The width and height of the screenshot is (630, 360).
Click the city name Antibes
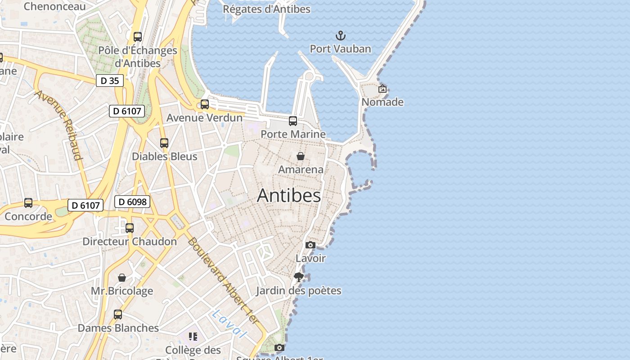click(x=289, y=195)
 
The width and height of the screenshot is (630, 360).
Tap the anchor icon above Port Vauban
click(x=341, y=36)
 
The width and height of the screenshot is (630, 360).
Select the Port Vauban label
click(x=341, y=49)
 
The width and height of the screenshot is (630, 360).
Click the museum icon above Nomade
click(x=382, y=89)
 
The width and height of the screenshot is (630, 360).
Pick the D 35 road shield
click(x=109, y=81)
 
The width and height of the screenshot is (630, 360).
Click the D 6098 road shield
click(x=132, y=202)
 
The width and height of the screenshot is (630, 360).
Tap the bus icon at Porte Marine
click(x=293, y=121)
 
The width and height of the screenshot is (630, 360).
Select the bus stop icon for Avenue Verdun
click(x=205, y=104)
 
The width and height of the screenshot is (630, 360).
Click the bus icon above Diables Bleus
click(x=164, y=143)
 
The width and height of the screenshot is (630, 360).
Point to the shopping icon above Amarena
click(x=301, y=156)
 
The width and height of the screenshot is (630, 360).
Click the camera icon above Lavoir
click(x=310, y=245)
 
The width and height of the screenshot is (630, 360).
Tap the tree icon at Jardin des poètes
click(x=298, y=277)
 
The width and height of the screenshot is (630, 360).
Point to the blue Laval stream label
click(x=229, y=324)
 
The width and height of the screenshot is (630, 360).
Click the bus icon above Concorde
click(x=28, y=203)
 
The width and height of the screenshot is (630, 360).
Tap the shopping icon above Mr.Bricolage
click(x=122, y=278)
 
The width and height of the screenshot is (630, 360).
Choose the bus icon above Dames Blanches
click(x=118, y=315)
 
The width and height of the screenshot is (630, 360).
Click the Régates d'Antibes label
click(x=267, y=9)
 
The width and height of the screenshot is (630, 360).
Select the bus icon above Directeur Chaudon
click(x=130, y=228)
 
